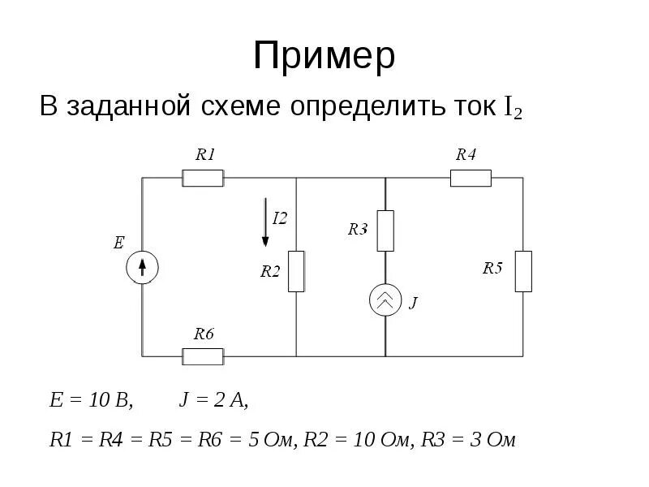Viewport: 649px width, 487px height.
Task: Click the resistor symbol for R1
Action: [x=203, y=178]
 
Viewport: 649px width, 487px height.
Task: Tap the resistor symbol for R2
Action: [x=296, y=271]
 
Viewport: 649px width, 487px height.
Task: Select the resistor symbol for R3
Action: [x=385, y=231]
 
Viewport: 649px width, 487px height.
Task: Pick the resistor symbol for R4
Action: [x=471, y=178]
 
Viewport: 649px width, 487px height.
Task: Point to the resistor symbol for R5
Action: [x=523, y=271]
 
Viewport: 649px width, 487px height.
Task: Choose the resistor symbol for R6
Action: [x=203, y=356]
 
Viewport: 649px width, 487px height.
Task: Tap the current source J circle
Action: [x=385, y=301]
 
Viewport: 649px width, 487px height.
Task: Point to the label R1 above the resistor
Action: [x=206, y=154]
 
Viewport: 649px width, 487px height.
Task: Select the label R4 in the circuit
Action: [x=466, y=154]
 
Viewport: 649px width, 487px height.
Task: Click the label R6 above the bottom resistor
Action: [x=204, y=334]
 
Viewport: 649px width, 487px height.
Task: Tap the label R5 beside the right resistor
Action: [x=492, y=268]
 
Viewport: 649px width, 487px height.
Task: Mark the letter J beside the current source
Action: [x=413, y=304]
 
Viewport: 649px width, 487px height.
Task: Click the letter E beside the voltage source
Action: [x=118, y=242]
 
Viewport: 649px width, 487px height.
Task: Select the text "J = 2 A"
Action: [x=213, y=401]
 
